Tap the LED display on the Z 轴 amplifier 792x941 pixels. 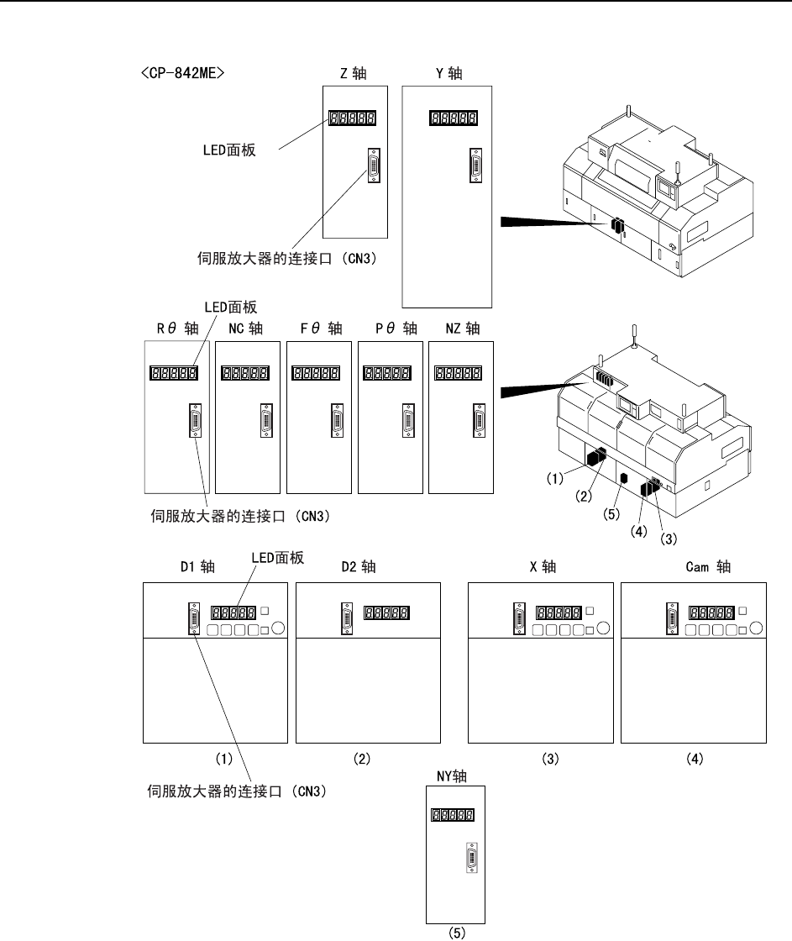click(x=350, y=119)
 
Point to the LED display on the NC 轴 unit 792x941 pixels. click(x=245, y=373)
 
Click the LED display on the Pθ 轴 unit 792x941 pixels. click(x=386, y=373)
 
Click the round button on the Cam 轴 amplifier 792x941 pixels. click(x=757, y=627)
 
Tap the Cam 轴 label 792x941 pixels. click(x=708, y=567)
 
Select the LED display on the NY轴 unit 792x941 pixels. click(x=452, y=814)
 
